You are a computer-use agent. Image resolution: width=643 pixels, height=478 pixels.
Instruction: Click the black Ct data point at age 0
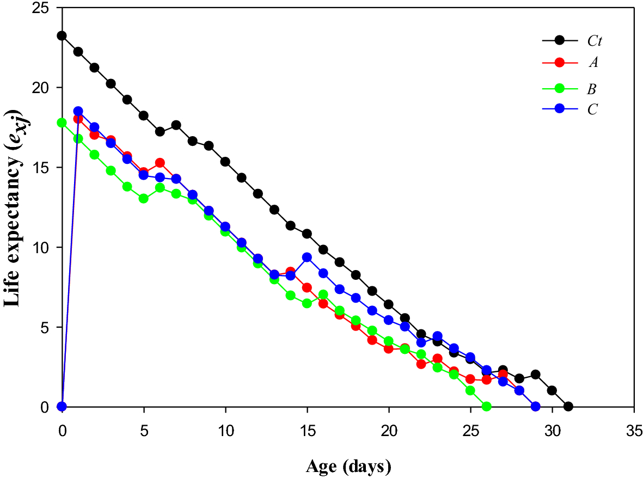pyautogui.click(x=62, y=36)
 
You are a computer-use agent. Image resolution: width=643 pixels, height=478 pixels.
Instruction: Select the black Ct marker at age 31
pyautogui.click(x=568, y=407)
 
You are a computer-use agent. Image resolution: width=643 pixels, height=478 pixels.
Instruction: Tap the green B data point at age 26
pyautogui.click(x=487, y=407)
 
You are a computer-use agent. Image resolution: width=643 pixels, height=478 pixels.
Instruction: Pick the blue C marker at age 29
pyautogui.click(x=536, y=407)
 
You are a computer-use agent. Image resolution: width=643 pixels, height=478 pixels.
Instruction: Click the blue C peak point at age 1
pyautogui.click(x=78, y=111)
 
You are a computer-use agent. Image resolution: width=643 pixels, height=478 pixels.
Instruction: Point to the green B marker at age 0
pyautogui.click(x=62, y=122)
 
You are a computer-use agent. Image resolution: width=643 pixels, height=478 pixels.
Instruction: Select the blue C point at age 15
pyautogui.click(x=307, y=258)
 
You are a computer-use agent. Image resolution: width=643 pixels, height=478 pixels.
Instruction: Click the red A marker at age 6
pyautogui.click(x=160, y=163)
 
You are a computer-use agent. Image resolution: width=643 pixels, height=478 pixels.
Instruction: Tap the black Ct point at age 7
pyautogui.click(x=176, y=125)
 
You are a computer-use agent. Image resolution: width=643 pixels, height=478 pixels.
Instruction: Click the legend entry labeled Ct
pyautogui.click(x=593, y=41)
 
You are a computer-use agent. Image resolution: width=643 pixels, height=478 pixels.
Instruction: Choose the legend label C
pyautogui.click(x=592, y=109)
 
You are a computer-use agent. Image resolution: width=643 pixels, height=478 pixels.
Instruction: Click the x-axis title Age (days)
pyautogui.click(x=348, y=466)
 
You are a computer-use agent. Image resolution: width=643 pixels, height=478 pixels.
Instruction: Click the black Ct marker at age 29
pyautogui.click(x=536, y=375)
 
